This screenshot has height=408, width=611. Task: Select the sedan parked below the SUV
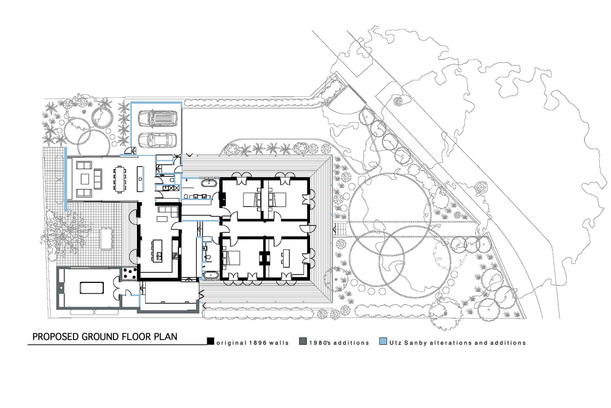click(x=157, y=140)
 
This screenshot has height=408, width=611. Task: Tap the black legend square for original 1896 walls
click(x=210, y=341)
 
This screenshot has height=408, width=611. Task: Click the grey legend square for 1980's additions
click(x=303, y=341)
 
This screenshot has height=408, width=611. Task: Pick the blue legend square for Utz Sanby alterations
click(x=383, y=341)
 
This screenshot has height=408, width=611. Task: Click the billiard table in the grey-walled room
click(x=92, y=288)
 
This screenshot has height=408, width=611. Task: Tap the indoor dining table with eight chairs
click(x=120, y=179)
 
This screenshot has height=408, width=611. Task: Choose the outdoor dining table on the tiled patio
click(x=106, y=239)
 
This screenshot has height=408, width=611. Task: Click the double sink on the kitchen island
click(x=159, y=256)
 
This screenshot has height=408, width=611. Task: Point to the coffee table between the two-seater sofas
click(x=85, y=179)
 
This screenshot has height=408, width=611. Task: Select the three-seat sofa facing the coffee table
click(x=98, y=179)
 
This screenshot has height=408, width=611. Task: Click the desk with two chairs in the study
click(x=286, y=258)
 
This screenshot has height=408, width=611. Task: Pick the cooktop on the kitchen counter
click(x=174, y=256)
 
